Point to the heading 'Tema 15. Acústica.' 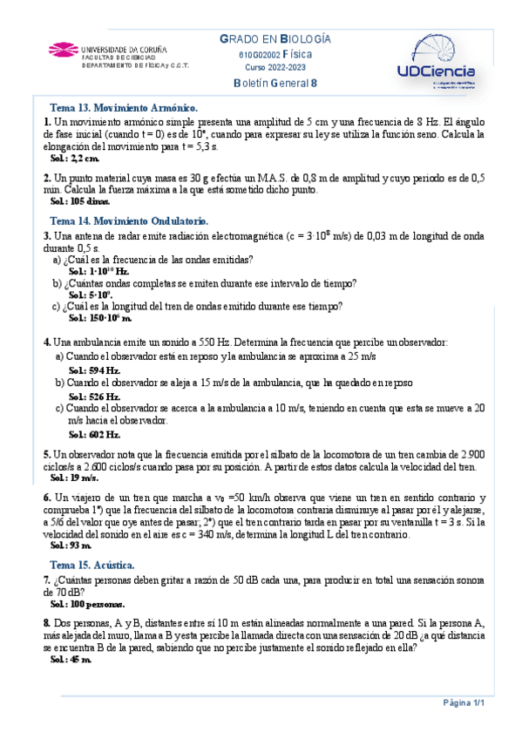92,565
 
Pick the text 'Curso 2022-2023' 275,67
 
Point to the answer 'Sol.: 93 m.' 71,545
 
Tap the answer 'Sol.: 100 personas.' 88,603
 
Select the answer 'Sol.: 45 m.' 71,660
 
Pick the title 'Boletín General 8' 275,83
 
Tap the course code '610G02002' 257,54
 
